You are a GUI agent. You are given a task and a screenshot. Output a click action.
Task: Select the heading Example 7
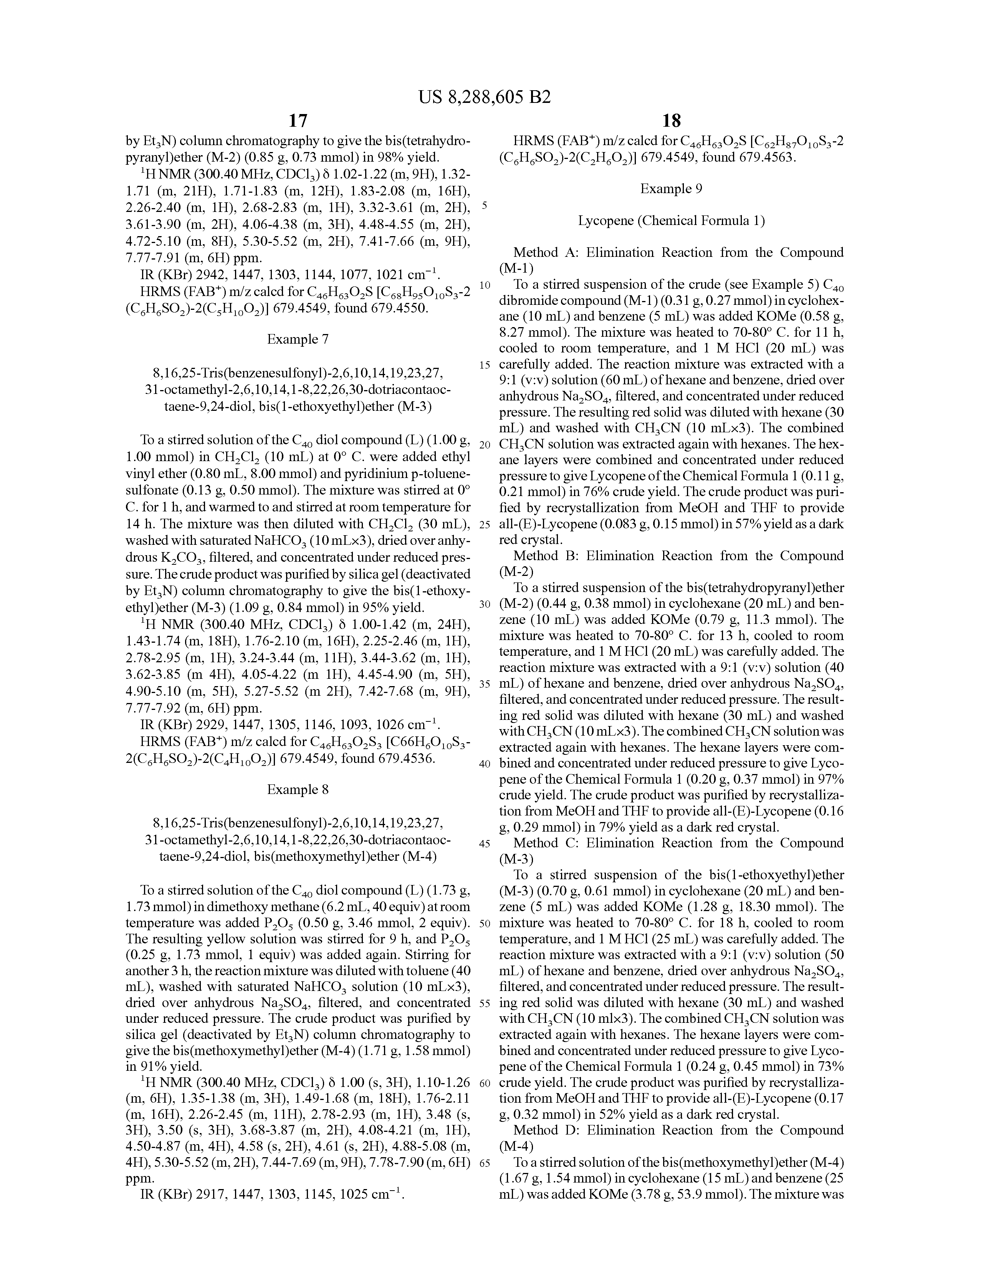point(298,339)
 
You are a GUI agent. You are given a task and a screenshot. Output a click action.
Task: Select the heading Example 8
point(298,789)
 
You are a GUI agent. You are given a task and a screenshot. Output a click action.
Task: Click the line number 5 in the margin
point(485,206)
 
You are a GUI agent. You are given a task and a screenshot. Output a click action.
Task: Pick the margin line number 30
point(485,604)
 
